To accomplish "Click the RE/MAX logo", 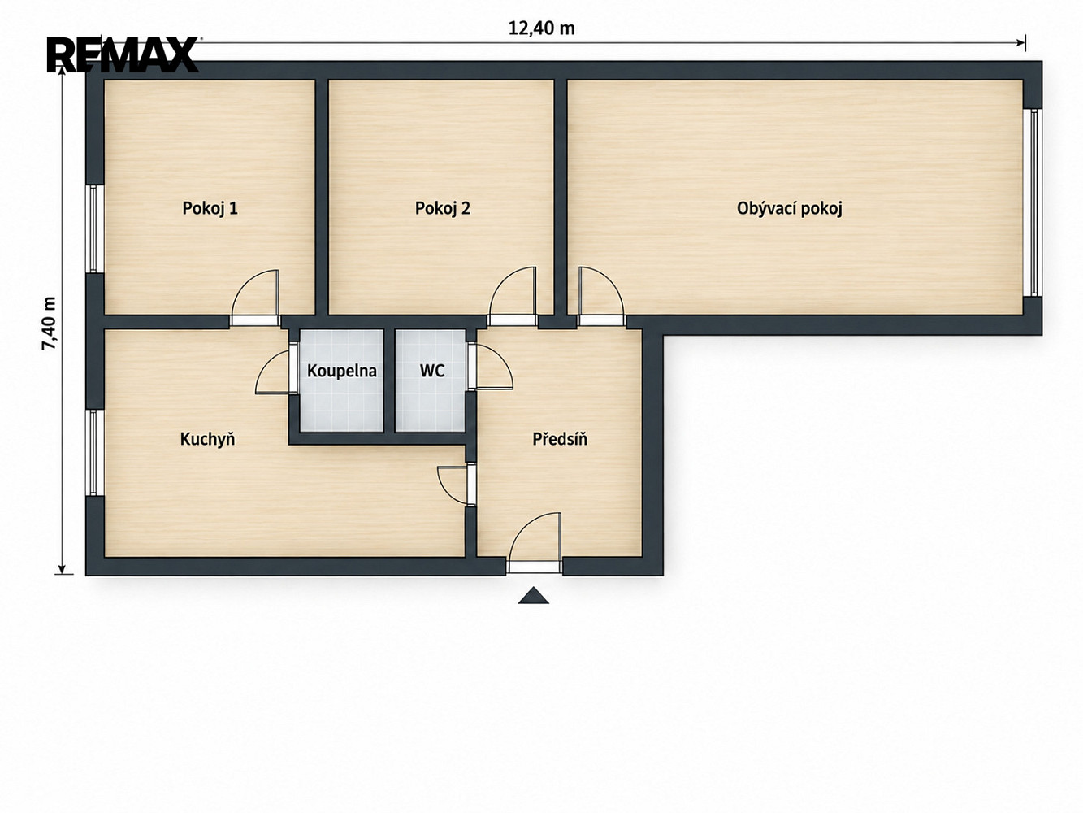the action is [x=123, y=54].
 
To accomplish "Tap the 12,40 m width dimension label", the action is [x=541, y=28].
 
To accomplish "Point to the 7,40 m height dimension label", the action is [x=50, y=324].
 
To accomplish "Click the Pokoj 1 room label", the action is [x=210, y=208].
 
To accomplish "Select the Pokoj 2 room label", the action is [x=443, y=208].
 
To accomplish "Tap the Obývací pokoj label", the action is [x=790, y=208].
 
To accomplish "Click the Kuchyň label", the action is [x=208, y=439].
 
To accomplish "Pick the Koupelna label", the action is [x=342, y=371].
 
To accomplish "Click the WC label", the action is [x=432, y=371].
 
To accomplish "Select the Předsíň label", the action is [x=560, y=439].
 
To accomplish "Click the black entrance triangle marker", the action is [x=533, y=596].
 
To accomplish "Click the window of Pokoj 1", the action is [x=93, y=228].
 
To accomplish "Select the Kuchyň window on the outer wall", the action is [x=93, y=452].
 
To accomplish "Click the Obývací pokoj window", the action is [x=1031, y=202].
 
